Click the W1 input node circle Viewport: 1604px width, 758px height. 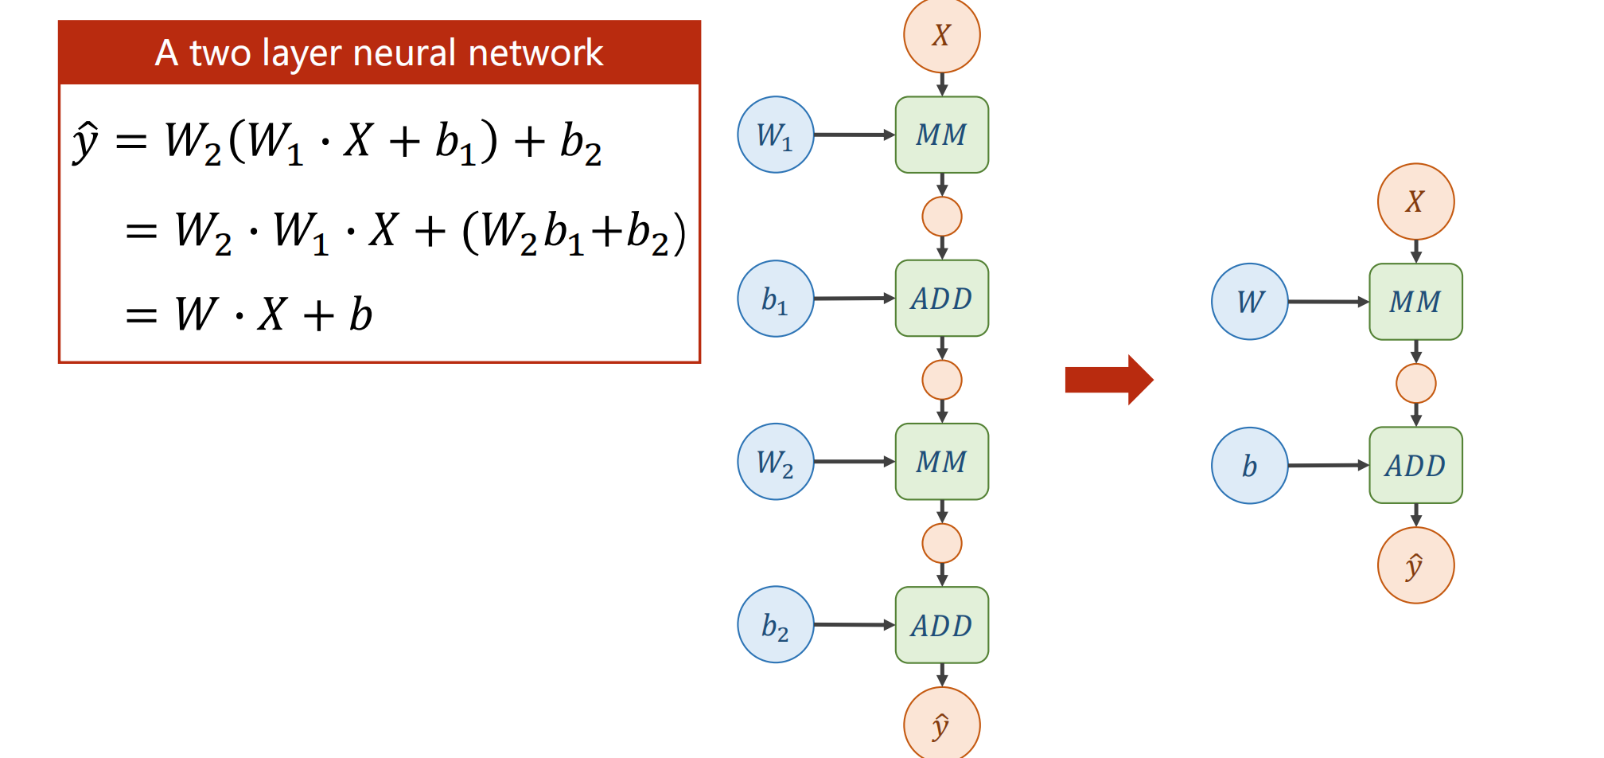tap(776, 135)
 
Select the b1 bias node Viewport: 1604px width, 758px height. tap(776, 299)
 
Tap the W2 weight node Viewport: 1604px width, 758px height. tap(776, 462)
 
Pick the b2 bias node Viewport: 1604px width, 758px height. tap(776, 625)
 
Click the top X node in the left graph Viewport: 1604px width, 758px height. tap(942, 35)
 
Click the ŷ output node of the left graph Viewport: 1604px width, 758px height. tap(942, 725)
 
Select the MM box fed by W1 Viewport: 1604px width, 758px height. tap(942, 135)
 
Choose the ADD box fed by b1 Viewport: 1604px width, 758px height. tap(942, 299)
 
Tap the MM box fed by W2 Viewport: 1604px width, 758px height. tap(942, 462)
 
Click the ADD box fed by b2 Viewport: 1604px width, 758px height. tap(942, 625)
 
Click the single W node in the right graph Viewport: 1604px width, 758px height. tap(1250, 302)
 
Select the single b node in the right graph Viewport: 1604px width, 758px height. tap(1250, 466)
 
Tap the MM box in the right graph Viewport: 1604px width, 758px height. tap(1416, 302)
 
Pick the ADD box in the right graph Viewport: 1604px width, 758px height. tap(1416, 466)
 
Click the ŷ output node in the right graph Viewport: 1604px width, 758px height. tap(1416, 565)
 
